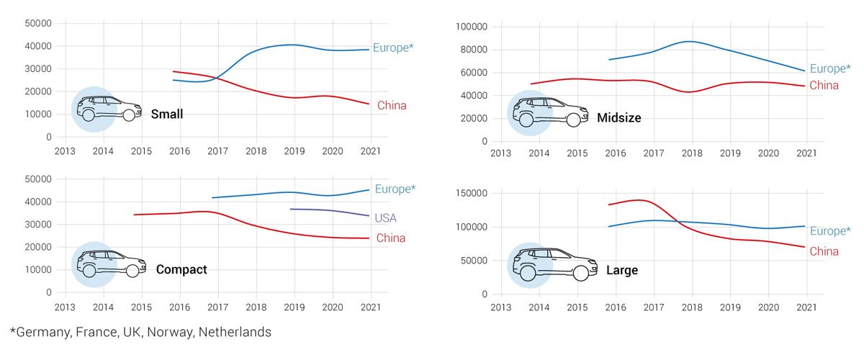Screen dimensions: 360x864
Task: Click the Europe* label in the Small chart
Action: click(x=394, y=48)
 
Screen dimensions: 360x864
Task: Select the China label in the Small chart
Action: click(x=392, y=106)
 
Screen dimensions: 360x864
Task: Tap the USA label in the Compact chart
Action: click(x=385, y=218)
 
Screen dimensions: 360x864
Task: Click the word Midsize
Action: click(x=618, y=117)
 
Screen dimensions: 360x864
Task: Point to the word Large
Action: click(x=621, y=271)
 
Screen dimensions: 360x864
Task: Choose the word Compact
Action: click(x=181, y=269)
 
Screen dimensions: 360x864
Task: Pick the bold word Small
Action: click(x=167, y=114)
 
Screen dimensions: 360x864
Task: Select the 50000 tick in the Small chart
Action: click(x=38, y=23)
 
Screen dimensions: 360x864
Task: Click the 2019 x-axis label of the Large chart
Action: click(x=730, y=307)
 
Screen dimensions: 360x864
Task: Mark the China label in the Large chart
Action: click(x=824, y=252)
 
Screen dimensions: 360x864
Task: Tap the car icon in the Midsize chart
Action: click(x=548, y=112)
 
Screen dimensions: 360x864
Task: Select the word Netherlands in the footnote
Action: click(x=235, y=333)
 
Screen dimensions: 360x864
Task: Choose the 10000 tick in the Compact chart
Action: click(x=38, y=269)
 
